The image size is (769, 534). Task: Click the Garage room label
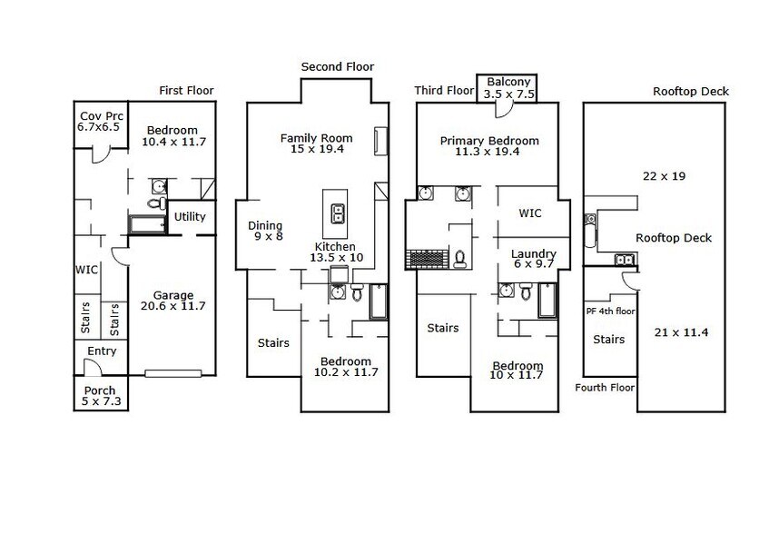[173, 296]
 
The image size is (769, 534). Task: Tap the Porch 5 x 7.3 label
[101, 396]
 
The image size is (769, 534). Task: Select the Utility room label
[190, 217]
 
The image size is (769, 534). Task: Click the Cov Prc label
[101, 116]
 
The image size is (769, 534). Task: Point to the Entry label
[102, 351]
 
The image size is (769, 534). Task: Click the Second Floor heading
[338, 66]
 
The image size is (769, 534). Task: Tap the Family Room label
[316, 138]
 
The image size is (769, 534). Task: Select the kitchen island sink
[338, 213]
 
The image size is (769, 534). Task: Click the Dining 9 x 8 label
[265, 231]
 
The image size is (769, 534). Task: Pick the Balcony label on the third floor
[508, 82]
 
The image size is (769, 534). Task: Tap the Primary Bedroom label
[489, 142]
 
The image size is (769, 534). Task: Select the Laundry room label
[534, 254]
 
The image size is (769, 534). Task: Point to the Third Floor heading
[444, 91]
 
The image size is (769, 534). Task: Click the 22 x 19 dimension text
[664, 176]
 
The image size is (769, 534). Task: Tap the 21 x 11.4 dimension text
[681, 332]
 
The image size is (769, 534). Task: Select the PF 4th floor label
[611, 311]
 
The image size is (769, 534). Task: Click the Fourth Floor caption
[605, 388]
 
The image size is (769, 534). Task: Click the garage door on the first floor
[173, 373]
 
